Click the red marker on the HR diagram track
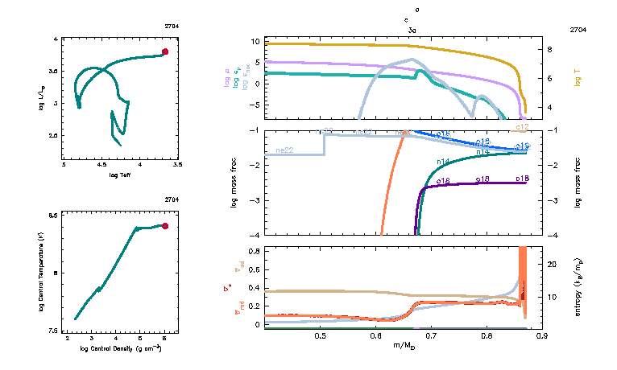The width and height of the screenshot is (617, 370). tap(165, 51)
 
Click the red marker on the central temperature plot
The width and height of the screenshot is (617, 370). tap(165, 226)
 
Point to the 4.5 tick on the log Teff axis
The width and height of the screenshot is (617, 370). tap(101, 166)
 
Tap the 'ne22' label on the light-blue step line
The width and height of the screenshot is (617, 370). tap(284, 150)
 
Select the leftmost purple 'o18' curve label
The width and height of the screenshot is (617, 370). tap(442, 182)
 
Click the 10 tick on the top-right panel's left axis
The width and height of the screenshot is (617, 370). tap(254, 41)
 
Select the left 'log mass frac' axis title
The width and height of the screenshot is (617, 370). tap(234, 183)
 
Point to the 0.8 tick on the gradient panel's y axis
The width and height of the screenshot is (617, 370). tap(253, 251)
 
